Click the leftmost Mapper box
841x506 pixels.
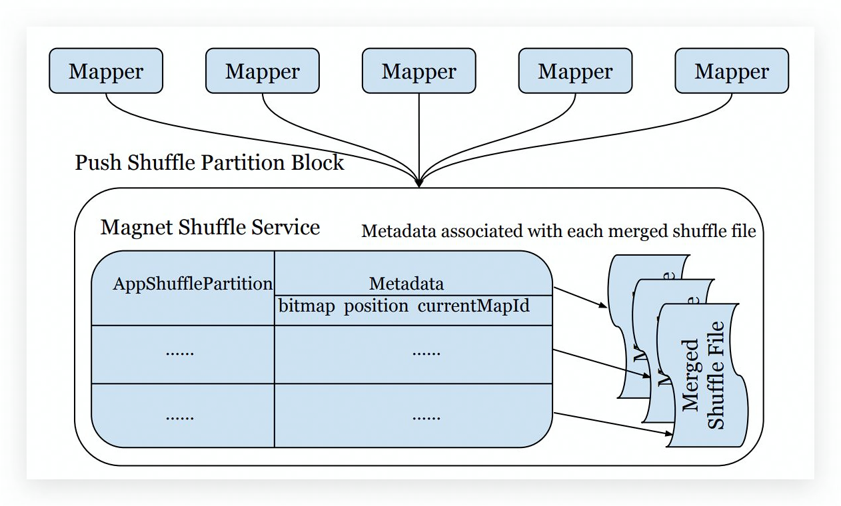pos(106,71)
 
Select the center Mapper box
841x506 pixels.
pos(419,71)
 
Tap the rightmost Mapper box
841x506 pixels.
pos(732,71)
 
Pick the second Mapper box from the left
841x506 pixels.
pos(262,71)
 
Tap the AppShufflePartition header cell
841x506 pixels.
pos(193,284)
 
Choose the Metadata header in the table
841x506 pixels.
pos(407,284)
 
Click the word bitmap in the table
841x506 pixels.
pos(307,306)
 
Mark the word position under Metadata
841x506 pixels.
pos(376,306)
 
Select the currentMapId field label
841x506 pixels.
pos(474,306)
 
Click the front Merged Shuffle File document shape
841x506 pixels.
pos(703,376)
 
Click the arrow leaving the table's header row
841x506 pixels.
pos(580,298)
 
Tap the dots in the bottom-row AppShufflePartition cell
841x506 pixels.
pos(180,417)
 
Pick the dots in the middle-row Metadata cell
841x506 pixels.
pos(426,353)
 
